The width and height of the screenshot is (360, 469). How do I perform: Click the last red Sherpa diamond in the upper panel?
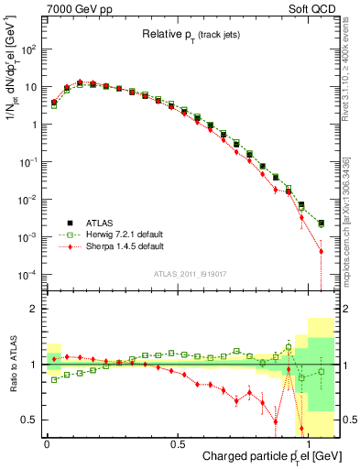(321, 251)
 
